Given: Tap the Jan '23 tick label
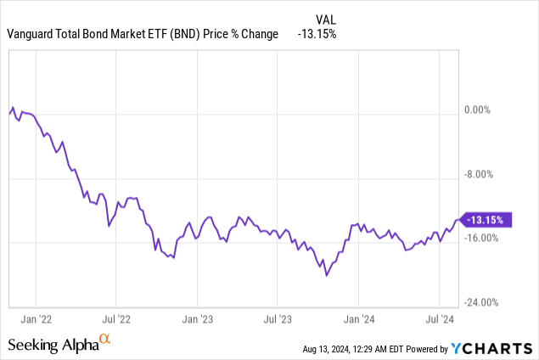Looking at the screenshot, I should point(197,320).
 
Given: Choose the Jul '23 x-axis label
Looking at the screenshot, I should point(277,320).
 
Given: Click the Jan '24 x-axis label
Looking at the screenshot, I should point(358,320).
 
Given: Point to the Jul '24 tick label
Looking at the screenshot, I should point(439,320).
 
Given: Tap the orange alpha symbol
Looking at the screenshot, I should point(104,340).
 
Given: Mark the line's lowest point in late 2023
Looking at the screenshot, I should point(326,275).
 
